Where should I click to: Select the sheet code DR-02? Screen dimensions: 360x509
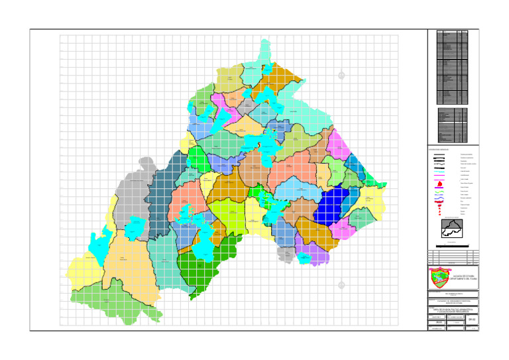click(x=472, y=320)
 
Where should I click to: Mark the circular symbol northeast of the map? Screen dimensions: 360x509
click(x=341, y=75)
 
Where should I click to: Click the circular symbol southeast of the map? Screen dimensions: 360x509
click(x=341, y=285)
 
